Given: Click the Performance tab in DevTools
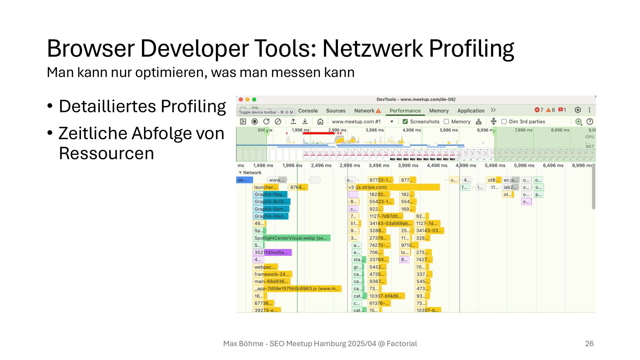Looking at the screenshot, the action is [405, 111].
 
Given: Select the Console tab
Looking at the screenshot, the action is [308, 111].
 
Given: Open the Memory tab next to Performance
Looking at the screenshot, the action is [439, 111].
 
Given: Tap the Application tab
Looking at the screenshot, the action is [471, 111].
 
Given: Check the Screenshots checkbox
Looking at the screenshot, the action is [405, 122].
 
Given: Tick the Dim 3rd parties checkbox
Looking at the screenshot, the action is [504, 122].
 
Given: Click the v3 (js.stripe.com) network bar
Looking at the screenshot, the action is [393, 187].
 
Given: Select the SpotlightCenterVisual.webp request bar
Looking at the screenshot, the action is [292, 238].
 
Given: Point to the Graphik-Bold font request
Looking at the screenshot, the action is [271, 202].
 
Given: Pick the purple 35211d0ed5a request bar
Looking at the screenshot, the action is [272, 252].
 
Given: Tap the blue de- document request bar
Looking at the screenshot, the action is [244, 180].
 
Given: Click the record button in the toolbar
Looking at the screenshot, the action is [255, 122].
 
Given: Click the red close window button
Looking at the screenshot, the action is [241, 100].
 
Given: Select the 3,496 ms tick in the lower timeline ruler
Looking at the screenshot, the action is [379, 165].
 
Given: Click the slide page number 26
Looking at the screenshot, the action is [589, 344].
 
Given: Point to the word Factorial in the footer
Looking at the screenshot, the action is [402, 344].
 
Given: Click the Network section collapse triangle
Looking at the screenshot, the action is [240, 173].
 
